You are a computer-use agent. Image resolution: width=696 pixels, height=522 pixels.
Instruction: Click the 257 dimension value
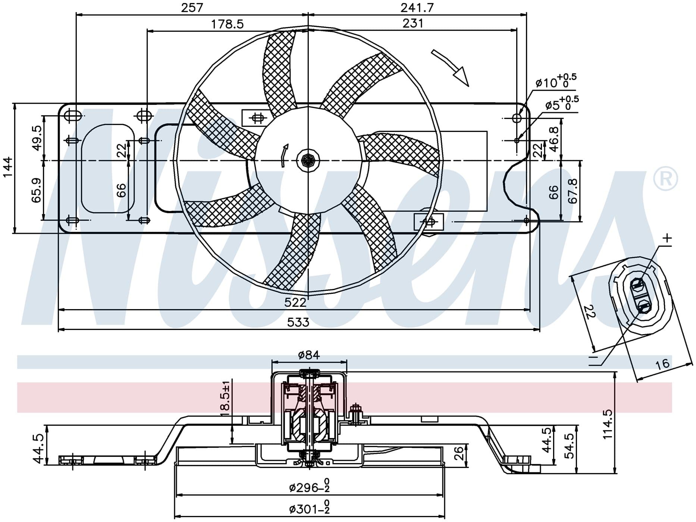(192, 7)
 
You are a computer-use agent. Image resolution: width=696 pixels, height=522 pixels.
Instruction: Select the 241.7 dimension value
(417, 7)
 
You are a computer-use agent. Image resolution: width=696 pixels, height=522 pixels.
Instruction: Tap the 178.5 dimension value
(227, 24)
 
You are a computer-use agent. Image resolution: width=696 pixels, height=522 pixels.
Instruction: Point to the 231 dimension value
(413, 23)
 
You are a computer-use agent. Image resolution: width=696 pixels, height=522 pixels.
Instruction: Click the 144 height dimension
(7, 167)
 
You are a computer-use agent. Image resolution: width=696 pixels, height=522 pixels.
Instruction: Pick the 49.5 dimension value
(37, 138)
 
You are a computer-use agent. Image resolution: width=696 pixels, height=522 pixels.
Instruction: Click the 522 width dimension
(295, 302)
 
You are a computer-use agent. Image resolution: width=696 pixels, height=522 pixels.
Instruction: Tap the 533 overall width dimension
(298, 322)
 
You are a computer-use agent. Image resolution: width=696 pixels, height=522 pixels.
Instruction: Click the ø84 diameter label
(309, 355)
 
